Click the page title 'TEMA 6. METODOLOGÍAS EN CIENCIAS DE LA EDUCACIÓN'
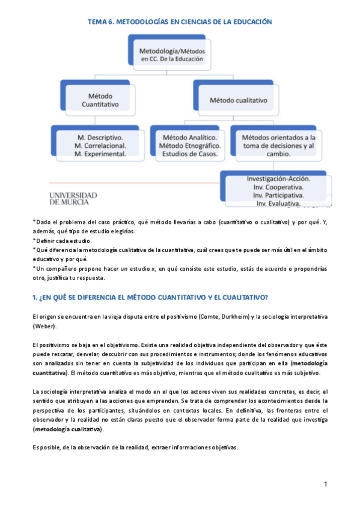(x=180, y=22)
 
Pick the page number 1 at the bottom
(x=325, y=484)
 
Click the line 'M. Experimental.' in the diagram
(x=100, y=155)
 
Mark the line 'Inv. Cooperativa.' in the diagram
(x=278, y=188)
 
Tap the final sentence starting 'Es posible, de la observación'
(x=135, y=447)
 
